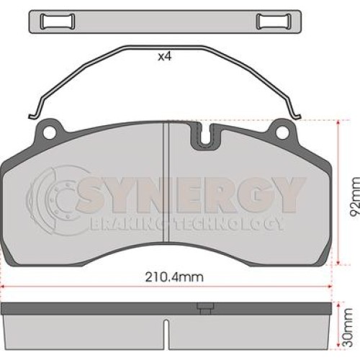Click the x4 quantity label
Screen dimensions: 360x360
[x=165, y=57]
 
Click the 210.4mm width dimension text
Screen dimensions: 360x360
[x=174, y=277]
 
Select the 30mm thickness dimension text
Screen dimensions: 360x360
[x=348, y=328]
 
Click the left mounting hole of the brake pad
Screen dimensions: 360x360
[x=49, y=132]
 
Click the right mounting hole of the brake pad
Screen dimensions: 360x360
[x=282, y=132]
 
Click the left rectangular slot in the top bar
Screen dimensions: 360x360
[x=58, y=22]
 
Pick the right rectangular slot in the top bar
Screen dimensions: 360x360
[x=274, y=22]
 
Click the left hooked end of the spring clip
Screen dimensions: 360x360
[x=33, y=117]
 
